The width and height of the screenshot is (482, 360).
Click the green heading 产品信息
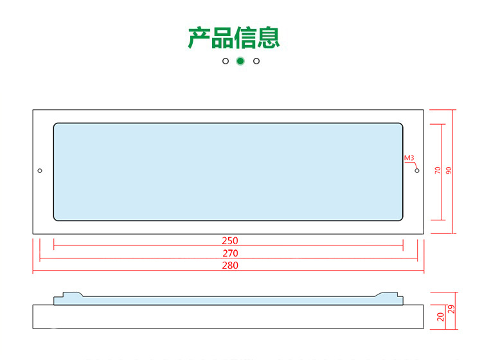click(x=234, y=37)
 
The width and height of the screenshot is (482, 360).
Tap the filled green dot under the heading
click(x=240, y=61)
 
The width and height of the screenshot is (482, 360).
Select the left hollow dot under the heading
click(x=225, y=61)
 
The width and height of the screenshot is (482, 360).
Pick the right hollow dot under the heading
click(x=256, y=61)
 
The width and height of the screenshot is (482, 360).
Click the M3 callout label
click(x=409, y=157)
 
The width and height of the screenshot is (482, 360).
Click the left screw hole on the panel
click(x=40, y=171)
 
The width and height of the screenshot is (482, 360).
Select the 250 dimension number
click(x=229, y=241)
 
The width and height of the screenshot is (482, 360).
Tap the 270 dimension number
click(x=229, y=253)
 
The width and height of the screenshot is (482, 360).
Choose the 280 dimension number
click(x=229, y=265)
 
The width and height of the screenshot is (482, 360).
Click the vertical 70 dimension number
click(x=438, y=171)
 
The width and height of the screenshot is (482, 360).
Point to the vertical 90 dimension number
click(x=449, y=171)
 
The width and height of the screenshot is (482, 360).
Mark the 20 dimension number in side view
click(x=440, y=317)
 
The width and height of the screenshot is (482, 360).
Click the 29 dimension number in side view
click(x=451, y=309)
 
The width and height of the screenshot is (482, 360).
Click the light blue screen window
click(x=228, y=172)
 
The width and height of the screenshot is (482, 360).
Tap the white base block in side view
click(x=228, y=317)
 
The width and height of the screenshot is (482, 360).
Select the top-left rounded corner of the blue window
click(x=57, y=127)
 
